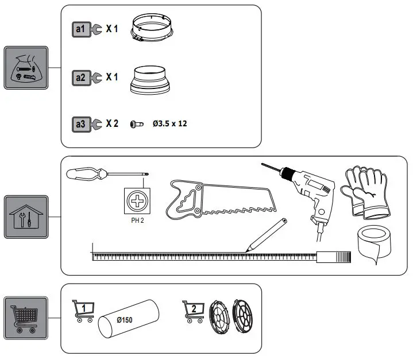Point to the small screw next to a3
click(137, 124)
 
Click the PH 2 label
click(137, 220)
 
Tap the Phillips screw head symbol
click(137, 202)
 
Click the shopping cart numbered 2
click(194, 311)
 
